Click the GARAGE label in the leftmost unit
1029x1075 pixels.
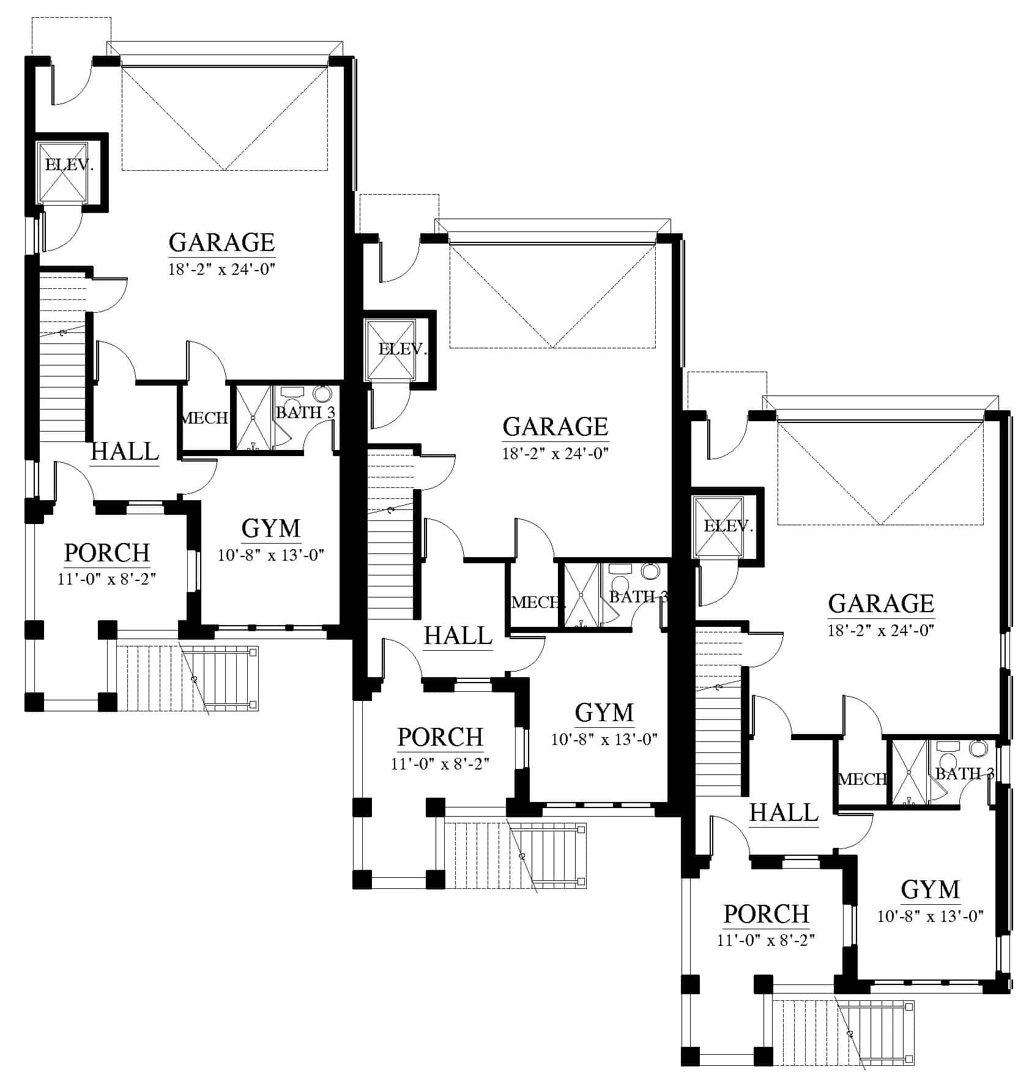pyautogui.click(x=221, y=242)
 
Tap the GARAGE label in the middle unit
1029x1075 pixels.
pyautogui.click(x=555, y=427)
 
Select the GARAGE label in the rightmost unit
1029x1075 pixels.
pyautogui.click(x=881, y=604)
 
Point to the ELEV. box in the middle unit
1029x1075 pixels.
pyautogui.click(x=389, y=349)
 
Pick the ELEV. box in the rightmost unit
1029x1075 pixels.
pyautogui.click(x=717, y=526)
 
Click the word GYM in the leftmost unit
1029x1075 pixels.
pyautogui.click(x=271, y=528)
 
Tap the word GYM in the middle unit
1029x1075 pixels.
pyautogui.click(x=604, y=713)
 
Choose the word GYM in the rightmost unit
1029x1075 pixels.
pyautogui.click(x=931, y=890)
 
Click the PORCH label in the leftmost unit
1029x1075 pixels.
pyautogui.click(x=107, y=553)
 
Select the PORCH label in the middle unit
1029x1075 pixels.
pyautogui.click(x=440, y=737)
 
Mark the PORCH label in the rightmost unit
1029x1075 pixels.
pyautogui.click(x=767, y=914)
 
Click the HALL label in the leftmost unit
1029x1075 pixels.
pyautogui.click(x=125, y=452)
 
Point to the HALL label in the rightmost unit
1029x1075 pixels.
pyautogui.click(x=784, y=813)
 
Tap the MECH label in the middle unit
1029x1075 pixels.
pyautogui.click(x=535, y=602)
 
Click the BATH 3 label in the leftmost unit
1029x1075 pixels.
pyautogui.click(x=305, y=413)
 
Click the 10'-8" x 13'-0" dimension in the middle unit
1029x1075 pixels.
pyautogui.click(x=604, y=740)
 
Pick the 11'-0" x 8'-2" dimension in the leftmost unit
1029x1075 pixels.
pyautogui.click(x=107, y=579)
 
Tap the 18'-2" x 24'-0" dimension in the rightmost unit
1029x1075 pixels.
pyautogui.click(x=881, y=631)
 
